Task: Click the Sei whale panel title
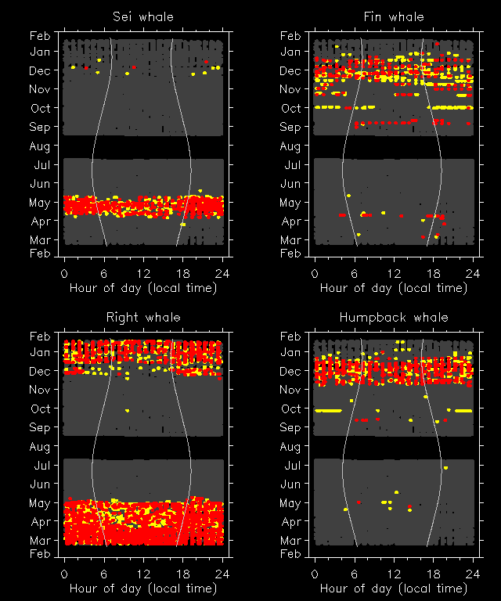pos(143,16)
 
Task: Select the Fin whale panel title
pos(394,16)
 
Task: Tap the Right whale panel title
pos(143,317)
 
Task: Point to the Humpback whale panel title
pos(394,317)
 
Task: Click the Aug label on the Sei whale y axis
pos(40,146)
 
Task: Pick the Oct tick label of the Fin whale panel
pos(290,109)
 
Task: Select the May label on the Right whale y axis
pos(40,503)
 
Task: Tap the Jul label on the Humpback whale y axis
pos(290,466)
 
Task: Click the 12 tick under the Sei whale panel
pos(143,273)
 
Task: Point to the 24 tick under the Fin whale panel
pos(473,273)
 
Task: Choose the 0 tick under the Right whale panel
pos(64,574)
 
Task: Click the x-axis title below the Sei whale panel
pos(143,287)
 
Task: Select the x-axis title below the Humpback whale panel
pos(394,588)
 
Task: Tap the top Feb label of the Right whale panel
pos(40,336)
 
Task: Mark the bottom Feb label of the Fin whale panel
pos(290,254)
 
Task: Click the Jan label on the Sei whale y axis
pos(40,52)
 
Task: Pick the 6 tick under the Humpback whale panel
pos(355,574)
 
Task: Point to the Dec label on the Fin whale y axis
pos(290,71)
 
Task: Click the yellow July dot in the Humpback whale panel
pos(445,468)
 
